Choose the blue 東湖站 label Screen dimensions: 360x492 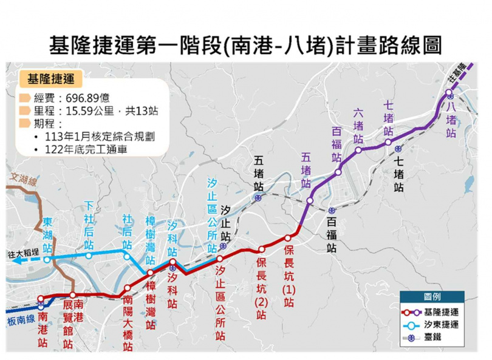47,234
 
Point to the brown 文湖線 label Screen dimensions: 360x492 24,180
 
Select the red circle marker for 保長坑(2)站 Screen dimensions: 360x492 262,248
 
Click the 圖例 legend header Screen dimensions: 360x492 432,297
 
